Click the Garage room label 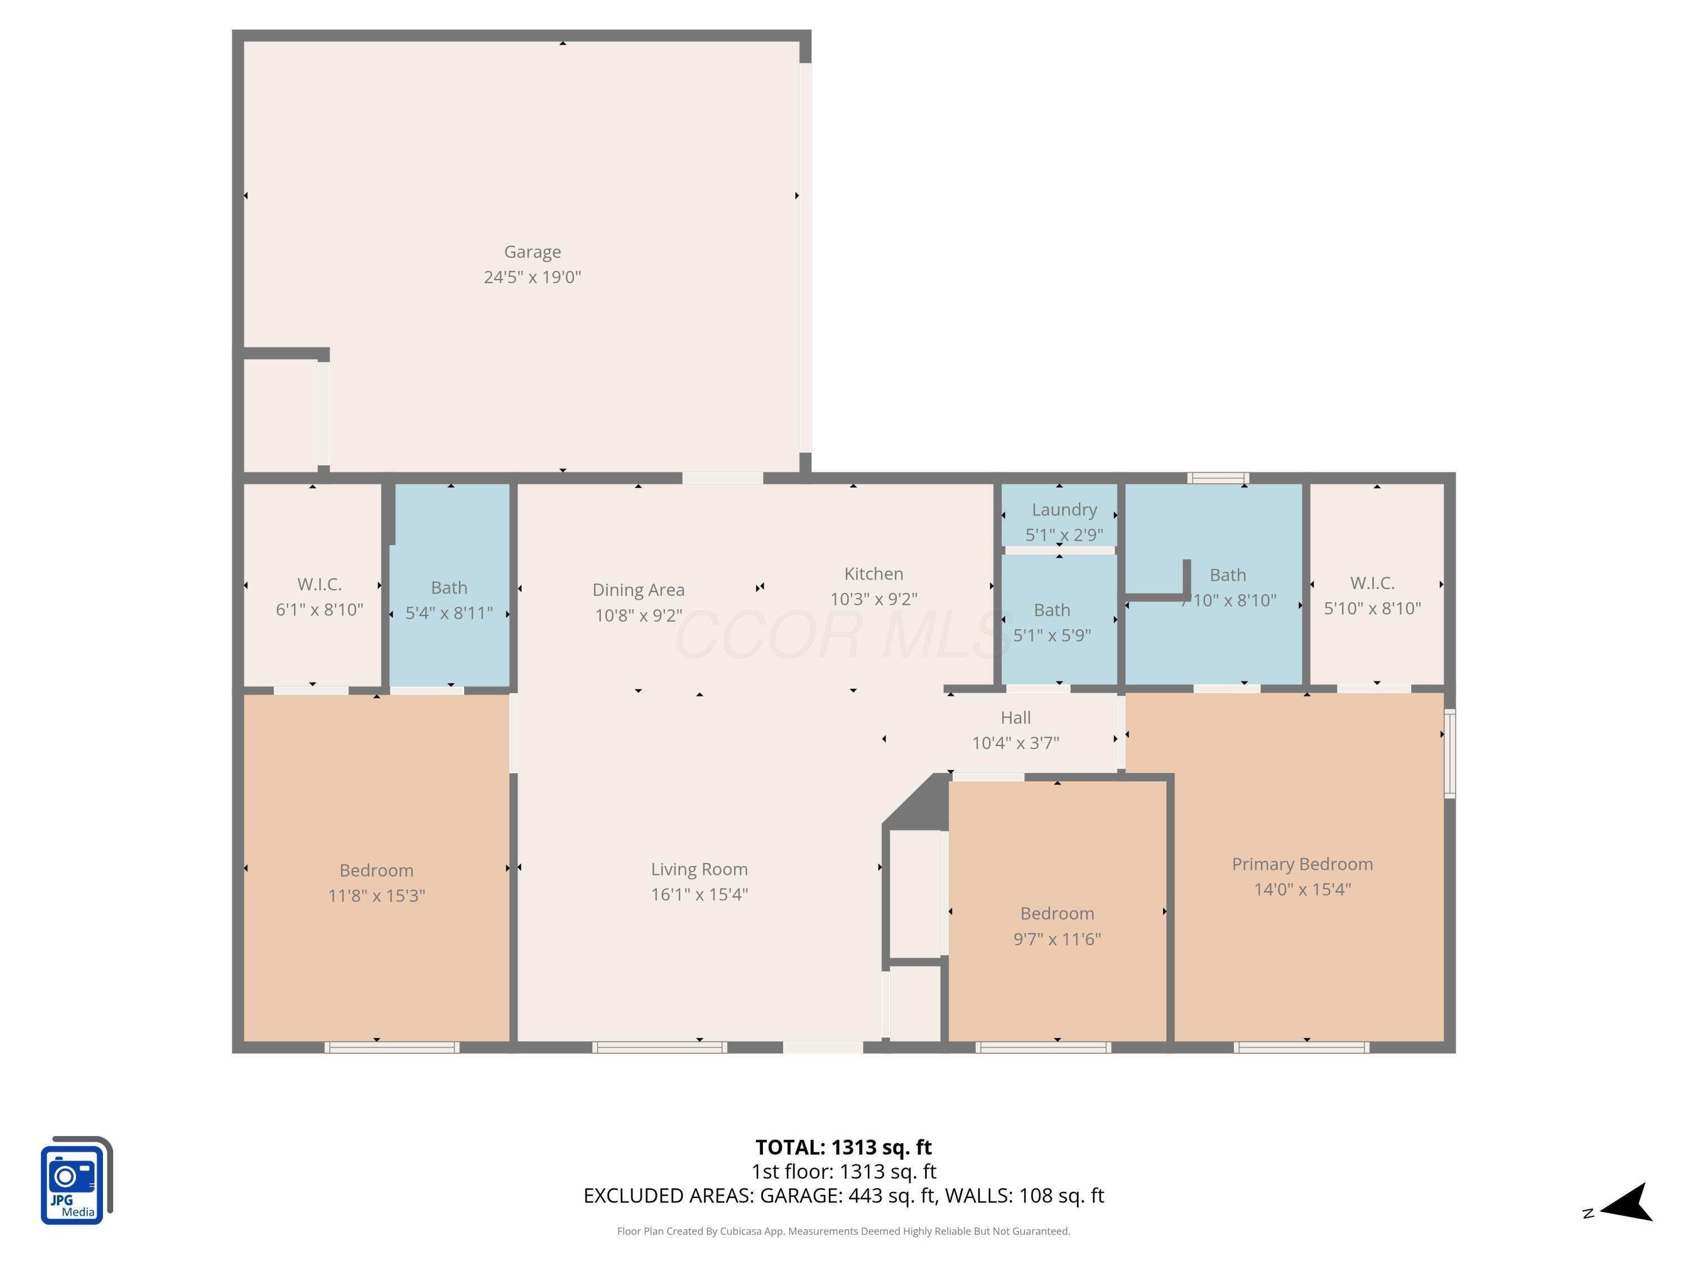coord(533,252)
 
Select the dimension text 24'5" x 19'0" coord(533,277)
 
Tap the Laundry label coord(1065,510)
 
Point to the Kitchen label coord(874,574)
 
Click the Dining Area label coord(639,590)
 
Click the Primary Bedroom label coord(1303,864)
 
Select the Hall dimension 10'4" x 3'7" coord(1016,743)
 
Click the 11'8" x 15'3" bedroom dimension coord(376,895)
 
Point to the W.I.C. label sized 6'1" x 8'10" coord(319,585)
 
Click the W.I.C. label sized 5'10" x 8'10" coord(1372,583)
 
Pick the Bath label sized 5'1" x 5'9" coord(1052,610)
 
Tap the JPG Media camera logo coord(77,1180)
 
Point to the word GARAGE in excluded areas coord(799,1195)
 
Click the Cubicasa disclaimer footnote coord(843,1231)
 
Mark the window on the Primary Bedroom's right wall coord(1450,753)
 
